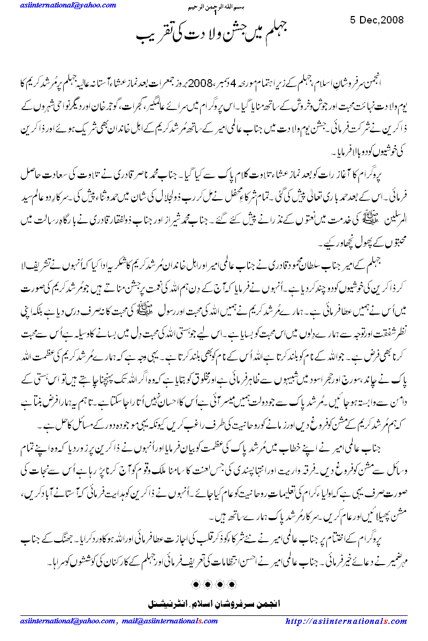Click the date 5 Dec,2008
[x=377, y=20]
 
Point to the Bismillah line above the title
[x=212, y=7]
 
